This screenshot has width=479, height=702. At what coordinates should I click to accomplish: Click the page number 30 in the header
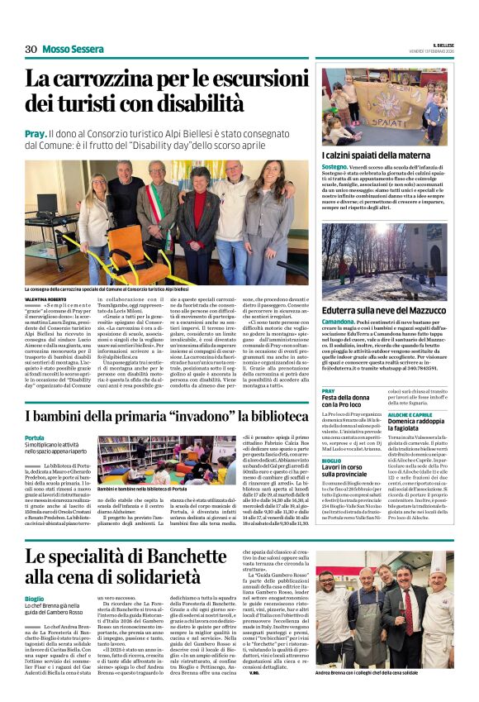(31, 49)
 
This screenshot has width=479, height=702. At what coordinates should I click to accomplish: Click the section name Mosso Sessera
(74, 49)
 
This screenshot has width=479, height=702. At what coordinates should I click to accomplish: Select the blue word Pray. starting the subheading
(36, 132)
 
